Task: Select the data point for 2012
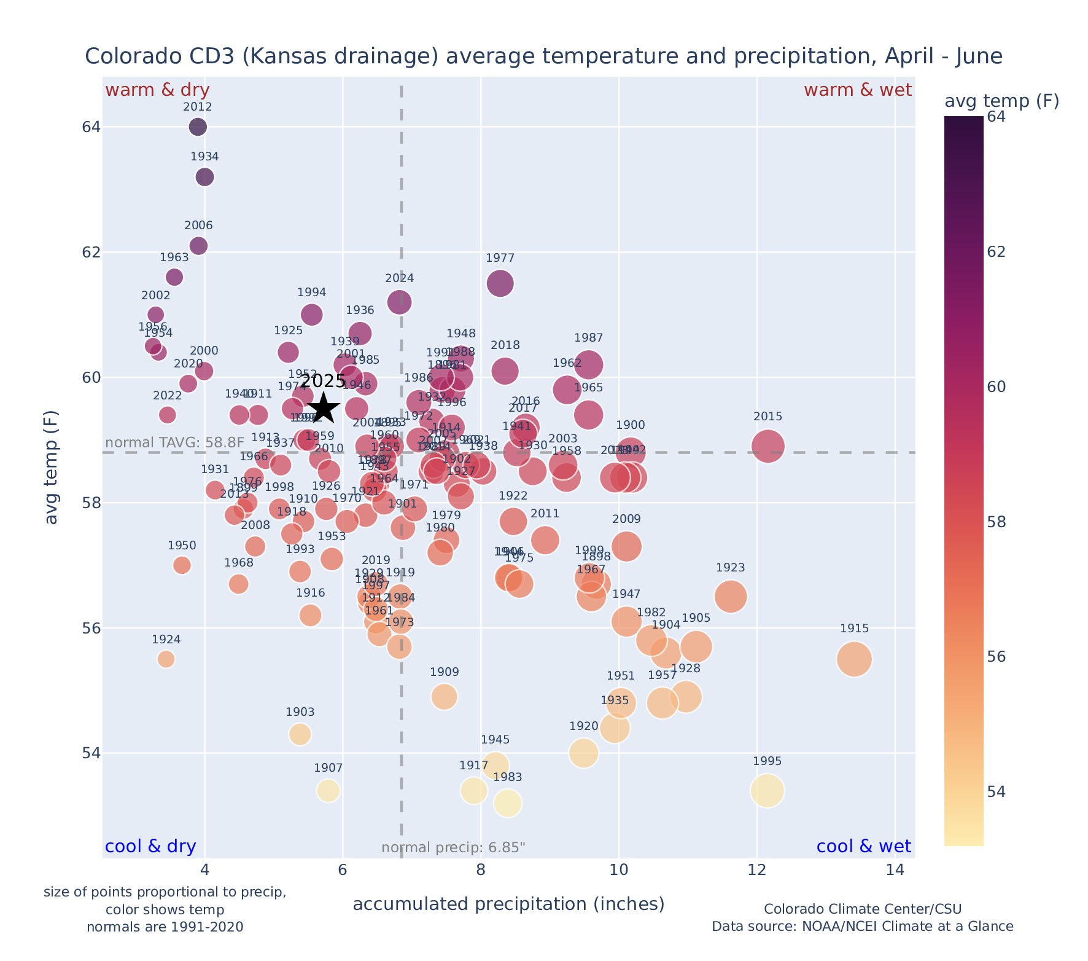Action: [x=198, y=127]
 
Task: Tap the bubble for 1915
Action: [x=854, y=659]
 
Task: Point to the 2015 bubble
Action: [x=767, y=446]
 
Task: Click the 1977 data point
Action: [x=500, y=283]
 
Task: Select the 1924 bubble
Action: [x=166, y=659]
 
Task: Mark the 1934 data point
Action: [x=204, y=177]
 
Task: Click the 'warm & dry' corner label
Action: [x=157, y=90]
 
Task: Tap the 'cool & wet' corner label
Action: [x=863, y=847]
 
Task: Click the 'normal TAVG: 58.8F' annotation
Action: [x=175, y=443]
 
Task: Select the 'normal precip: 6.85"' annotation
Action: [x=453, y=848]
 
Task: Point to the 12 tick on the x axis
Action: [x=757, y=870]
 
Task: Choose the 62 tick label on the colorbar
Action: [x=996, y=253]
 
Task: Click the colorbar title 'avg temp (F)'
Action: [x=1001, y=101]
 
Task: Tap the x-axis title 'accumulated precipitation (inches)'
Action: [x=508, y=904]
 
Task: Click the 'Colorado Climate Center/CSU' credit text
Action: [x=862, y=909]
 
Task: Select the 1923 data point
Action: [x=730, y=596]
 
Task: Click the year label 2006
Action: [x=198, y=226]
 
